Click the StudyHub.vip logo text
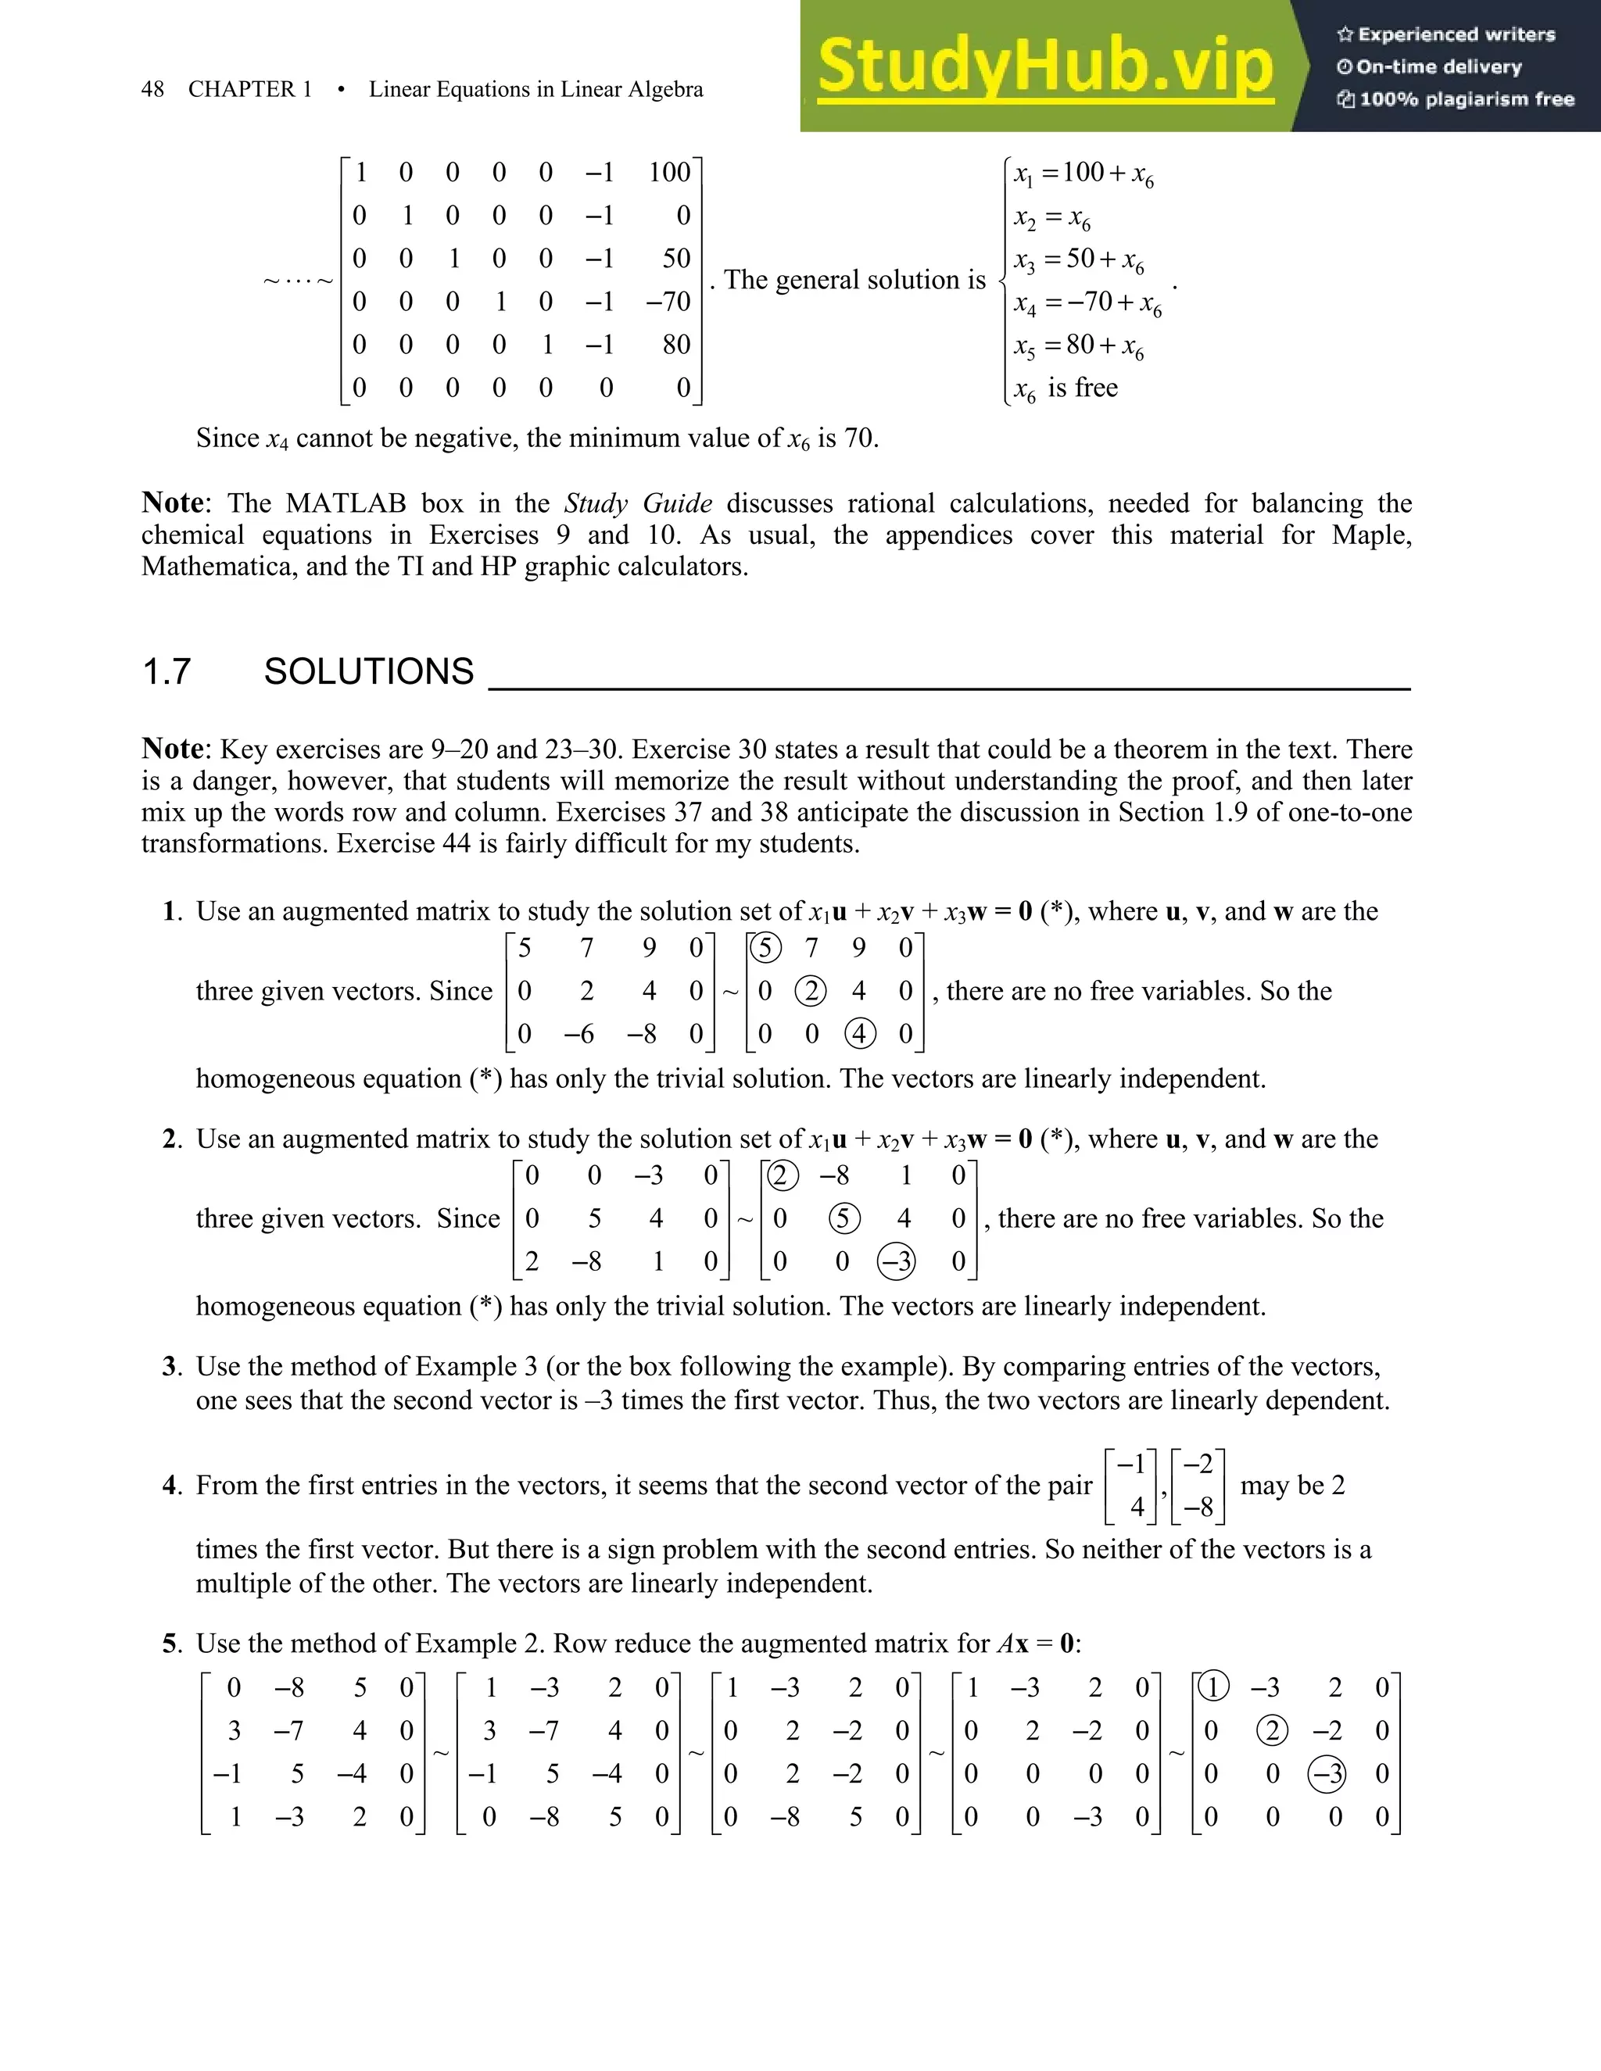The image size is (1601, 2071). [1045, 66]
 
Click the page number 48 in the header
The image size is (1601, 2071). [152, 89]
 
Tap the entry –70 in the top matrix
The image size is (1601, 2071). [668, 302]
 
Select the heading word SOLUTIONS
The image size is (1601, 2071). [368, 671]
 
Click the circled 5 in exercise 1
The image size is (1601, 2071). [765, 947]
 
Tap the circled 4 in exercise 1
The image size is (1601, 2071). [859, 1034]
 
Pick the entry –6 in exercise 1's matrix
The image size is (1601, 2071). [578, 1034]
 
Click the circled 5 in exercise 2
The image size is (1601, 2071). [843, 1218]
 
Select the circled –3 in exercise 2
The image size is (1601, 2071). [897, 1261]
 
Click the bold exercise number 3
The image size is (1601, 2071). [170, 1366]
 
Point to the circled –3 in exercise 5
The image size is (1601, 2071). [1326, 1773]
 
